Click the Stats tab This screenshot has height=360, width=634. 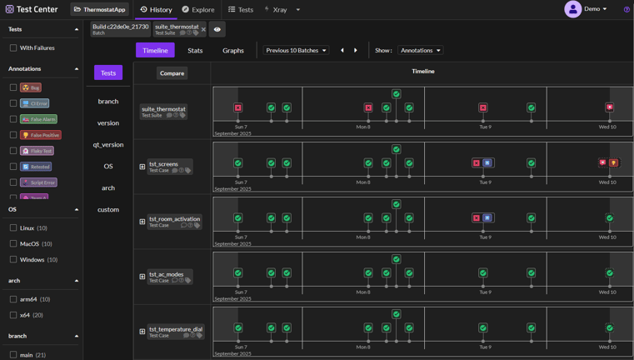[195, 51]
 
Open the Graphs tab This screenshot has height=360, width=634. [233, 51]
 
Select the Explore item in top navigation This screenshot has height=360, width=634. [198, 10]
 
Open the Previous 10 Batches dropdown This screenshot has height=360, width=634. [296, 51]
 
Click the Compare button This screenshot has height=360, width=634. [172, 73]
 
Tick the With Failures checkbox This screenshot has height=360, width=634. [13, 48]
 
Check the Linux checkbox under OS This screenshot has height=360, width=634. [13, 227]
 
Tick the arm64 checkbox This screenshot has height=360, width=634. [13, 299]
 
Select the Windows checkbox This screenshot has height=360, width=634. [13, 259]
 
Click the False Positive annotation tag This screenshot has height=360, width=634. [40, 135]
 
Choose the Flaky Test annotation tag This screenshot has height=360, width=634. [37, 151]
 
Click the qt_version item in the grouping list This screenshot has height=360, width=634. [108, 145]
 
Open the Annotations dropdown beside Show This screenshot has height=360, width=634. [421, 51]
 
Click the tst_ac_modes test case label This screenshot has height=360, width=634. [167, 274]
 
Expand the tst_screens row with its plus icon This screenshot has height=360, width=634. [142, 167]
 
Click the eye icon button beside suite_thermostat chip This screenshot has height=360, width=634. [217, 29]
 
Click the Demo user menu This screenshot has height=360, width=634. [587, 9]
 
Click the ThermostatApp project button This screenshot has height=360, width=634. [99, 10]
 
